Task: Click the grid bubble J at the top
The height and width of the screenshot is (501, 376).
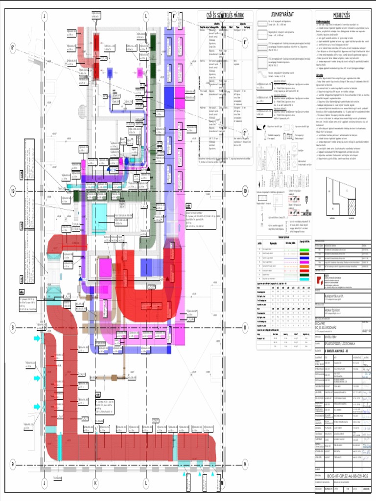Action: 45,16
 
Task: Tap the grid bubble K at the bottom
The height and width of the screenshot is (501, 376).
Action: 96,483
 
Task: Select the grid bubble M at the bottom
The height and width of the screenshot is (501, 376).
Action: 221,483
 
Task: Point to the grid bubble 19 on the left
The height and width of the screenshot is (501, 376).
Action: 13,191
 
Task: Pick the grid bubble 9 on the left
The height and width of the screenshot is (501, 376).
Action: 13,464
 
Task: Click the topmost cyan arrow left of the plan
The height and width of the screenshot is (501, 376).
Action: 37,339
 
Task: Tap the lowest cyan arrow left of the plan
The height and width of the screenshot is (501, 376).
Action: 37,407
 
